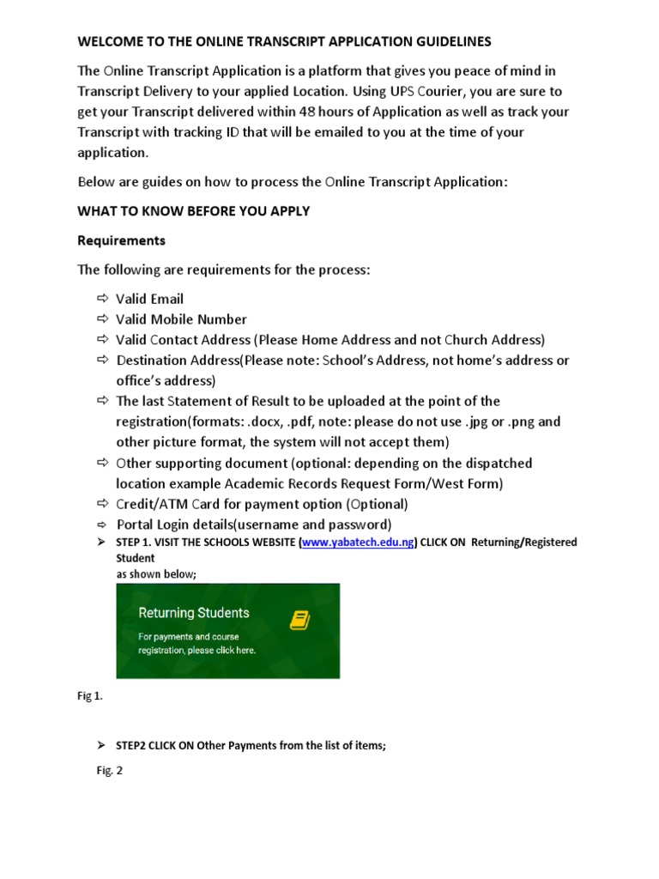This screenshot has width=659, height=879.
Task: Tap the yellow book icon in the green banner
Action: click(299, 620)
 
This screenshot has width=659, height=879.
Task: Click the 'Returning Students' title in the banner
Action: click(194, 613)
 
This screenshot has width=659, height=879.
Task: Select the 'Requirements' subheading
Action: click(121, 240)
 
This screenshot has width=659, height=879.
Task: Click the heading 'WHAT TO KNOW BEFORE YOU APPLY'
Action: click(194, 211)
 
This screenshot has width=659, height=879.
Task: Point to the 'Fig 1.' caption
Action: click(90, 696)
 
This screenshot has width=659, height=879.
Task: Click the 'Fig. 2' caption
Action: click(109, 771)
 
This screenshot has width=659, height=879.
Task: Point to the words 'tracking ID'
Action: click(237, 132)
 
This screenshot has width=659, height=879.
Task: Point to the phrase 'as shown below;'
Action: click(156, 574)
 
